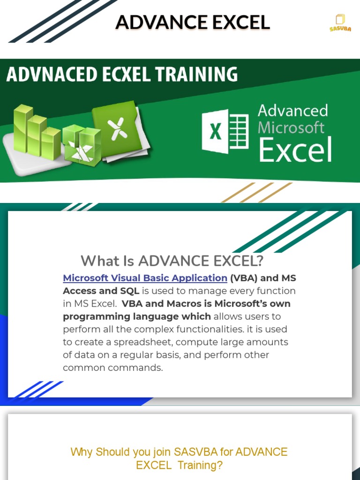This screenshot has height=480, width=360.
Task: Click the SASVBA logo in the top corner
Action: (340, 22)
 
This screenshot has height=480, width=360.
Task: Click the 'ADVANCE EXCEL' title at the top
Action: (193, 22)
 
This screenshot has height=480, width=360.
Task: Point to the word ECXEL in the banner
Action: (118, 75)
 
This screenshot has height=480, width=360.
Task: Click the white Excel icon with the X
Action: (225, 131)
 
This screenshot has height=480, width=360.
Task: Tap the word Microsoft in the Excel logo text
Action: (291, 127)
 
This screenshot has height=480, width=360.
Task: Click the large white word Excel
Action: (295, 150)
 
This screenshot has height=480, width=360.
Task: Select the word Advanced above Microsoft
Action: (293, 111)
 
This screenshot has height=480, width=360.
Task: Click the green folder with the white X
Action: (118, 129)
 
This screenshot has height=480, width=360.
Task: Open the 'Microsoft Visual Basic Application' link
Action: (145, 278)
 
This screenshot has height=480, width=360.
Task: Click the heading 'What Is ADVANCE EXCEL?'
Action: (172, 261)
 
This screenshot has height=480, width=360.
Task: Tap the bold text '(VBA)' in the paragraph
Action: (242, 278)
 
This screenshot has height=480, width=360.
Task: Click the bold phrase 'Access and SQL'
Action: (101, 291)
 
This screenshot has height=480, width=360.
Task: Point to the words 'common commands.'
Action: (112, 367)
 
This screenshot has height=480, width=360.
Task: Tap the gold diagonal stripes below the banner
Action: (257, 192)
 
